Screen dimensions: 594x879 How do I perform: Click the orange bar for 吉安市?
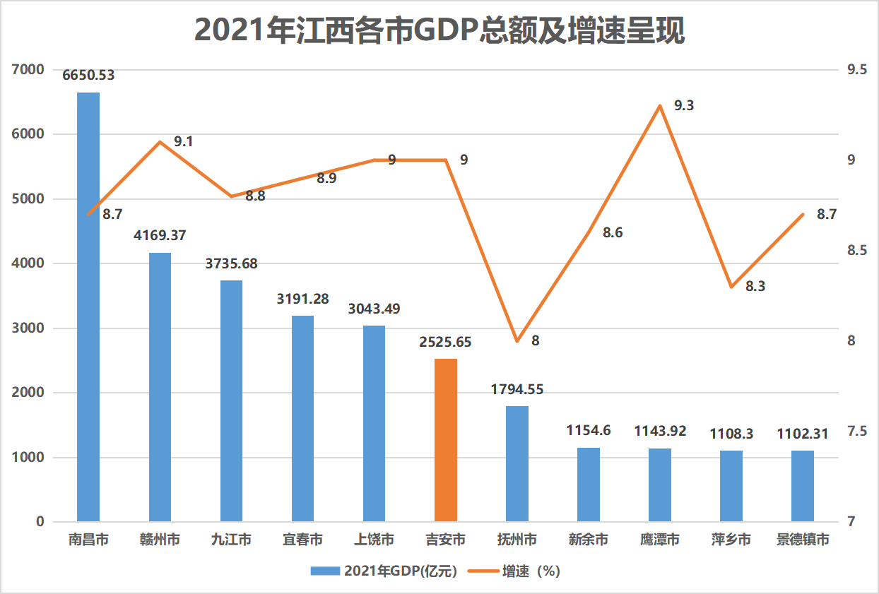[x=446, y=440]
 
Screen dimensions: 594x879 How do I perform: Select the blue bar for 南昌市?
[x=88, y=307]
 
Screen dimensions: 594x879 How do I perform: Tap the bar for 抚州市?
[x=517, y=464]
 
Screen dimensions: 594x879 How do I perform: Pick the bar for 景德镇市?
[x=803, y=486]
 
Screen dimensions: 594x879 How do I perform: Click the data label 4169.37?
[x=160, y=234]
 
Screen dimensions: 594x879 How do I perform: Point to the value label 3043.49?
[x=374, y=309]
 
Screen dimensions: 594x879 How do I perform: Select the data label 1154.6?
[x=589, y=430]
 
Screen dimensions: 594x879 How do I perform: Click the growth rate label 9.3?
[x=684, y=106]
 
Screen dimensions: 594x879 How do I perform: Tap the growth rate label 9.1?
[x=184, y=142]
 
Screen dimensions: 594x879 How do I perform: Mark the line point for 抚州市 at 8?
[x=517, y=341]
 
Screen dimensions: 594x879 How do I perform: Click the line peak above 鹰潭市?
[x=660, y=106]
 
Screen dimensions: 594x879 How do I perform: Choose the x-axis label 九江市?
[x=231, y=540]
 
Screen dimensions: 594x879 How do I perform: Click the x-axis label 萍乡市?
[x=731, y=540]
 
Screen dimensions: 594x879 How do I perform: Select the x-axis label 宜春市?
[x=302, y=540]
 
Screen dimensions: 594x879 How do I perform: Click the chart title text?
[x=439, y=32]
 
